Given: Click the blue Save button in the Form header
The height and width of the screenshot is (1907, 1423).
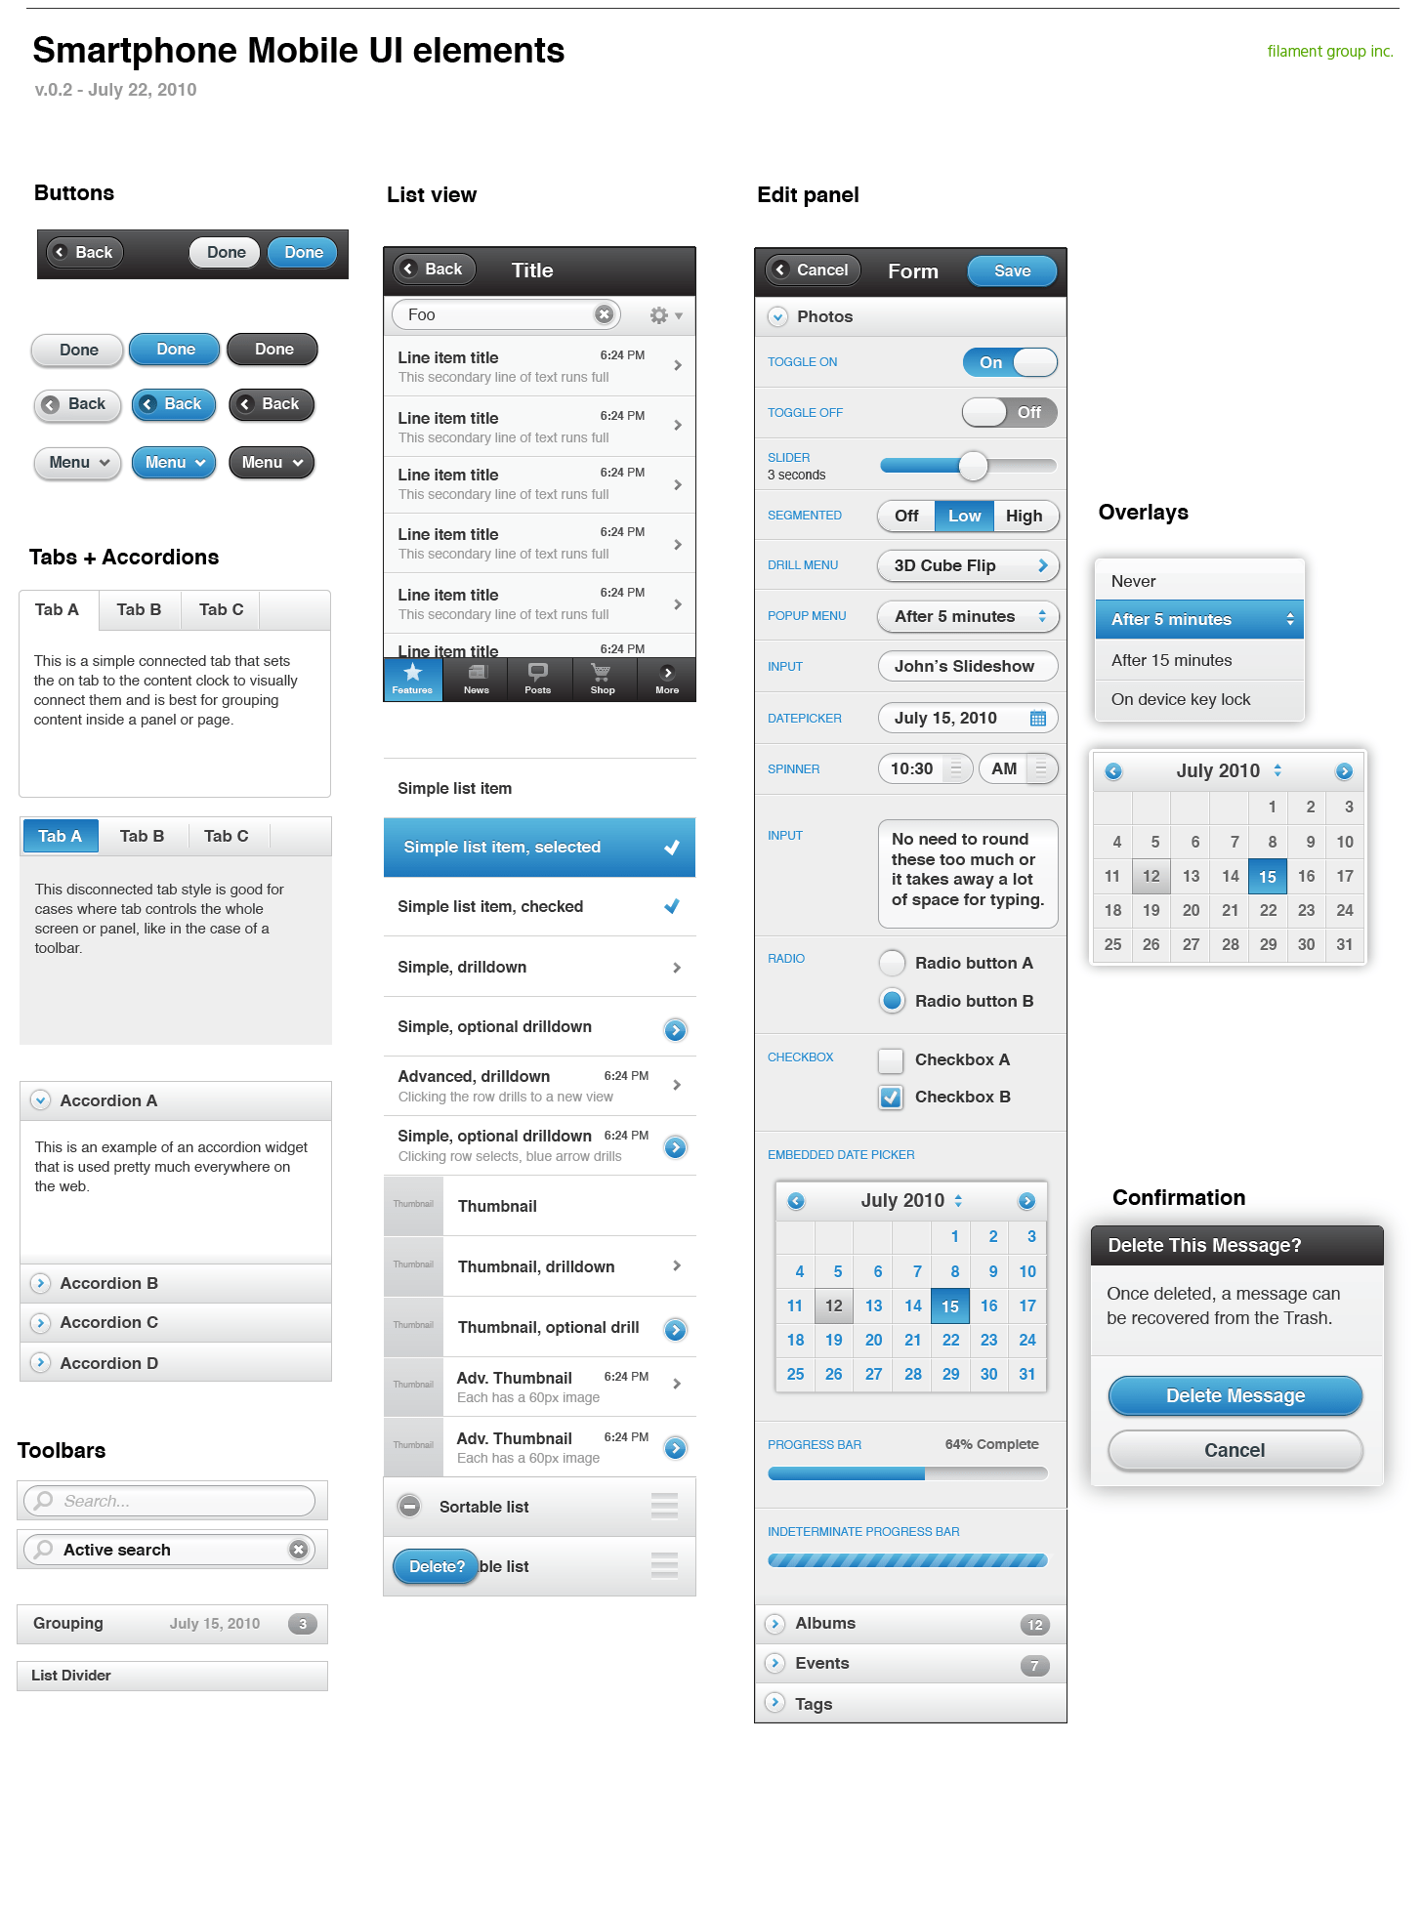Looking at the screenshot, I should (x=1012, y=271).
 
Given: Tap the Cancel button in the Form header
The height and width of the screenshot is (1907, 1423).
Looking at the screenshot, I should (x=812, y=270).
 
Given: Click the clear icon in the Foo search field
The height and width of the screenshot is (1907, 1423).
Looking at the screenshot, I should (x=605, y=314).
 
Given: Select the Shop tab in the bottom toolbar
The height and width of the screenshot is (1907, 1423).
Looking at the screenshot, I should (x=603, y=679).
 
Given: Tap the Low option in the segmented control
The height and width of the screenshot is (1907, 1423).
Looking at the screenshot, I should (x=964, y=516).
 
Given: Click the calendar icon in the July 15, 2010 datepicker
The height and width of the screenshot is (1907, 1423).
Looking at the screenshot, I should (x=1038, y=719).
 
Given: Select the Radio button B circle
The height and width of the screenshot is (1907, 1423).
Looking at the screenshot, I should (x=892, y=1001).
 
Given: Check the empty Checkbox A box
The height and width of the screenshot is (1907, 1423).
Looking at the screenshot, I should (x=891, y=1060).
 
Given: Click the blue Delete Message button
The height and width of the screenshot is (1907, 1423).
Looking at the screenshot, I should (x=1235, y=1396).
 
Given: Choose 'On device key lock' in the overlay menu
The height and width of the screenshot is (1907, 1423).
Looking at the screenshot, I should (x=1180, y=700).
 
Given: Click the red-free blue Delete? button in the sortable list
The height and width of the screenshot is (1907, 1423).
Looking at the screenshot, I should (x=436, y=1566).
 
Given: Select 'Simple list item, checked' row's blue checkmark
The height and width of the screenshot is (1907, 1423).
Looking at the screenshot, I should (x=672, y=907).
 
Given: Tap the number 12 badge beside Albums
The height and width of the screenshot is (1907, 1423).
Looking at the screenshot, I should (x=1035, y=1625).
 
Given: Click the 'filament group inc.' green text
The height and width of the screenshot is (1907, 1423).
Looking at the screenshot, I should (x=1329, y=52).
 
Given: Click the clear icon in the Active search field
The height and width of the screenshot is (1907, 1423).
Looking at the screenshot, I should (x=299, y=1550).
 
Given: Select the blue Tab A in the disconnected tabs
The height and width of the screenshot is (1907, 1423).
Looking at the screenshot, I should (x=61, y=837).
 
